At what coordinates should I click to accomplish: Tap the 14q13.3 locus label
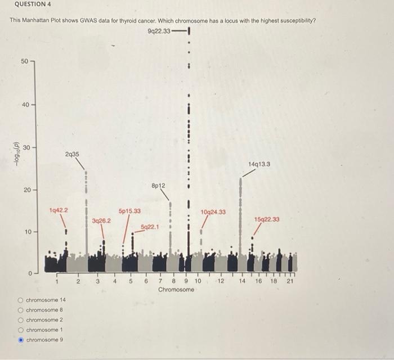[259, 164]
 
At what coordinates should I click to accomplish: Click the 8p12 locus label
[158, 185]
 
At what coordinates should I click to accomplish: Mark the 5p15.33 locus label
[130, 211]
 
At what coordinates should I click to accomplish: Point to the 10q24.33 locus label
[213, 212]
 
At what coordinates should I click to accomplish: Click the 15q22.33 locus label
[266, 220]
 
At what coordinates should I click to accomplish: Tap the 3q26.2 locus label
[101, 221]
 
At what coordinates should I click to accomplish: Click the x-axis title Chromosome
[176, 290]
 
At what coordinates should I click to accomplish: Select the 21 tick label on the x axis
[290, 281]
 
